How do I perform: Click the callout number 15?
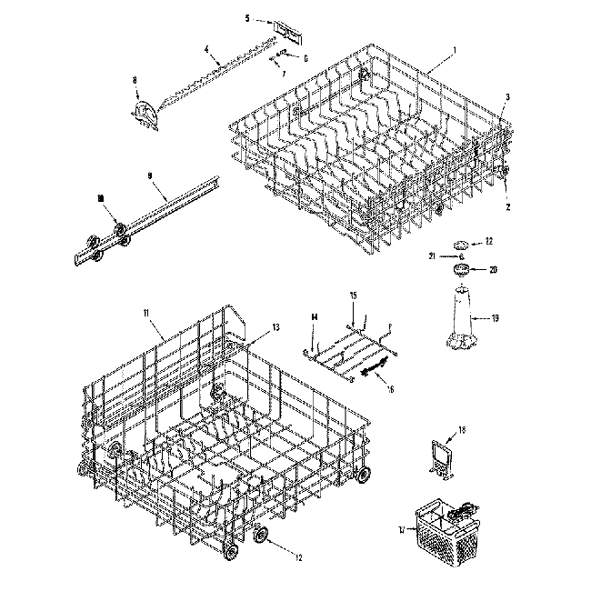354,295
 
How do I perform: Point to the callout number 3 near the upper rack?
507,97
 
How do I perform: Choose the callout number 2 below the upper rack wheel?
507,206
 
